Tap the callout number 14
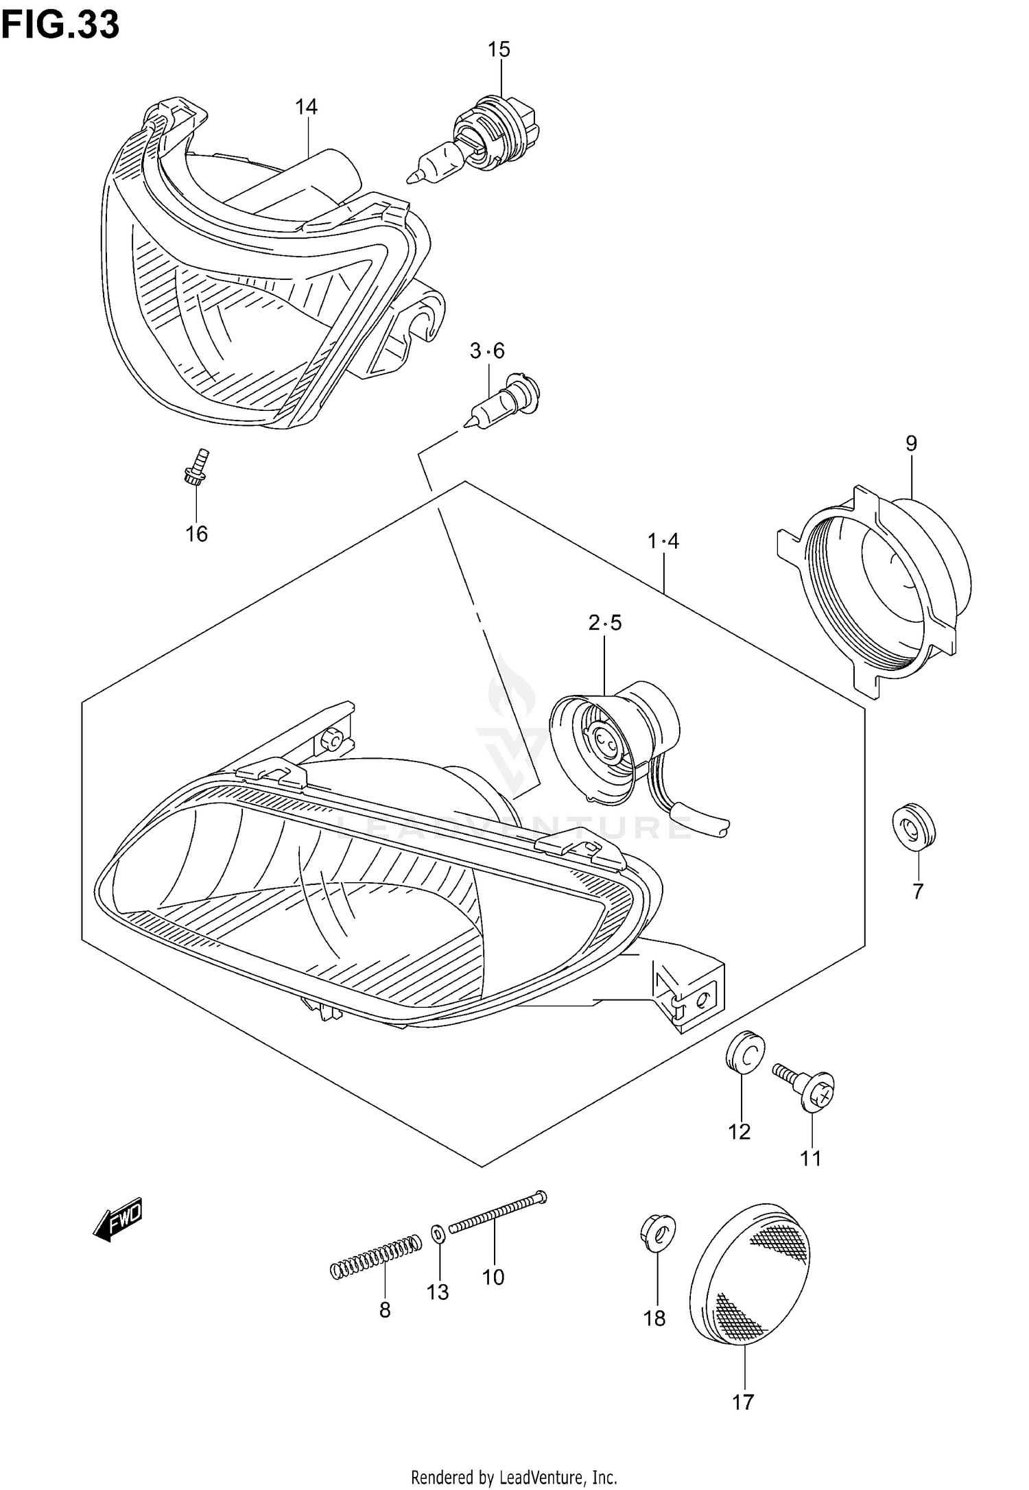pyautogui.click(x=307, y=107)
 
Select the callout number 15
pyautogui.click(x=499, y=50)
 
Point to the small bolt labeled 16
pyautogui.click(x=196, y=468)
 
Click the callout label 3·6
pyautogui.click(x=487, y=351)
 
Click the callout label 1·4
pyautogui.click(x=663, y=542)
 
